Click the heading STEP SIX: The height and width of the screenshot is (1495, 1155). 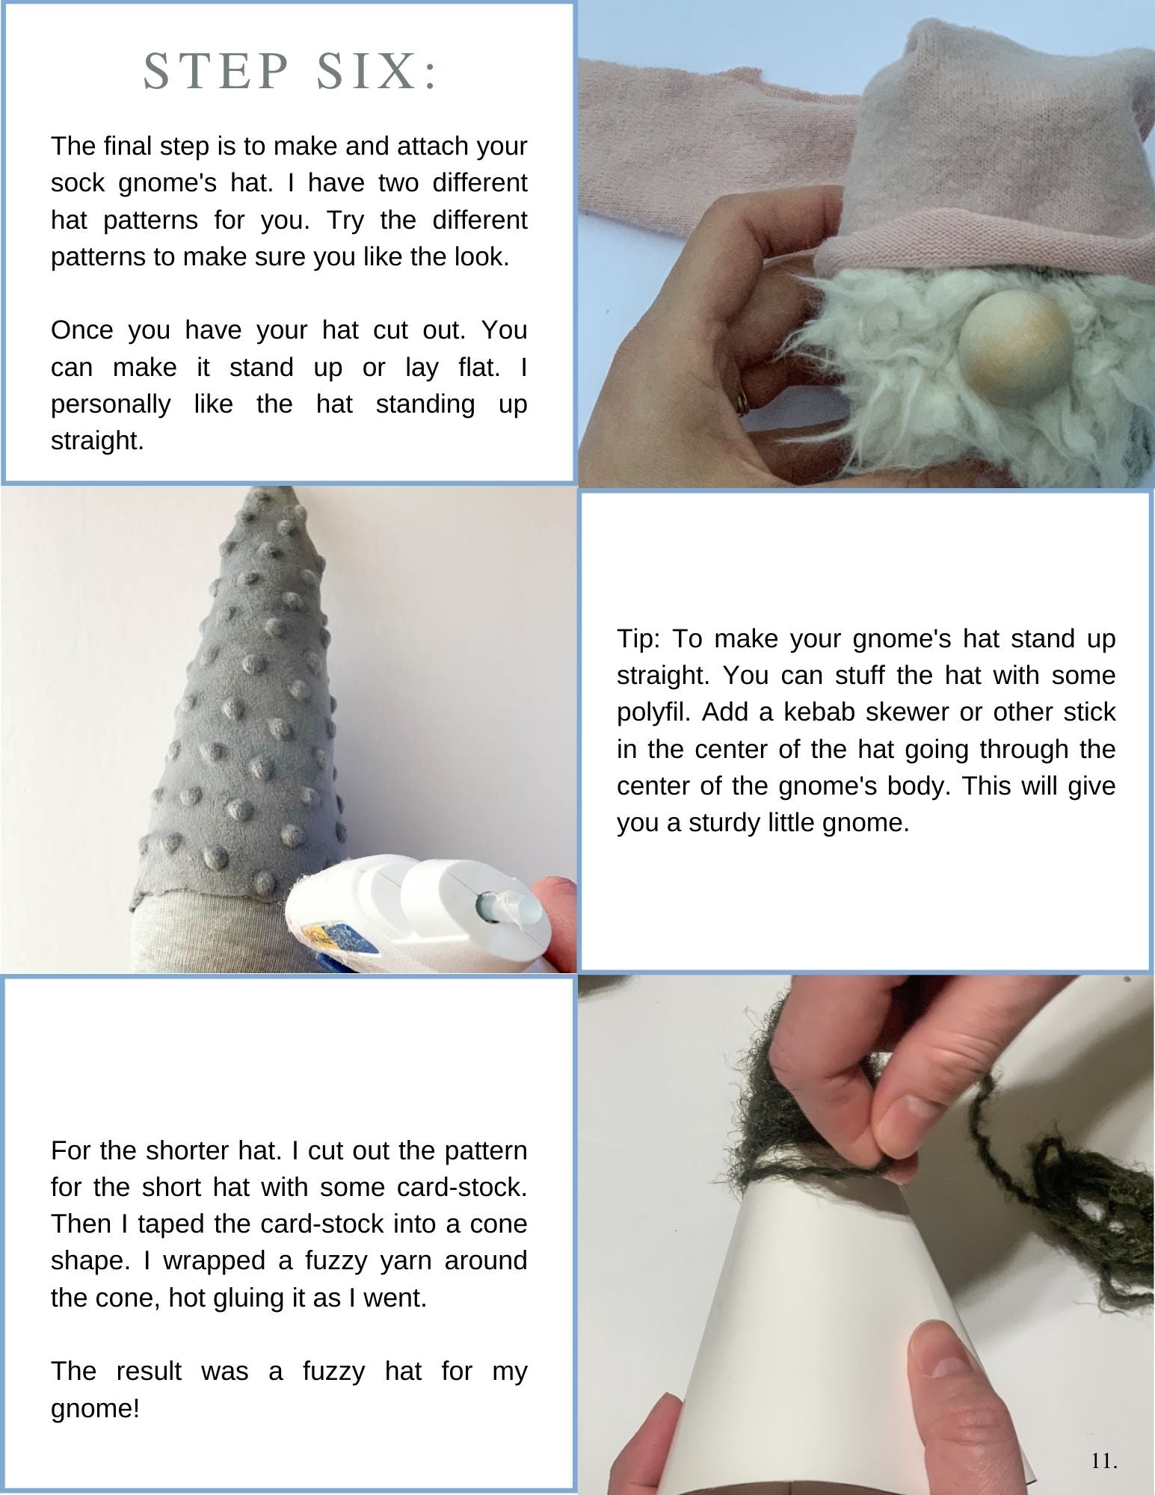click(x=290, y=73)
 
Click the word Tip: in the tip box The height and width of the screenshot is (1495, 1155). click(x=638, y=639)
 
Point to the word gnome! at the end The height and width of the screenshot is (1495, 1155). click(x=95, y=1409)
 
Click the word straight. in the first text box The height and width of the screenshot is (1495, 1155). click(x=97, y=441)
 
